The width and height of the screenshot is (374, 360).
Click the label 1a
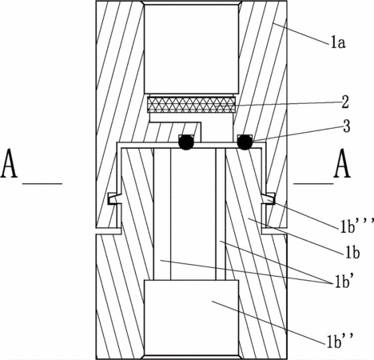point(338,43)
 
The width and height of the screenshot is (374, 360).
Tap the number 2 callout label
point(345,102)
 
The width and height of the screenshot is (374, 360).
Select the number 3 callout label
point(347,126)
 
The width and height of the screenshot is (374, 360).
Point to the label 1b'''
point(357,226)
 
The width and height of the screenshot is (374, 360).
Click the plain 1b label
point(352,252)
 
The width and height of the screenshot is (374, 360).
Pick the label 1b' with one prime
point(343,282)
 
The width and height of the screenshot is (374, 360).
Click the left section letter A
point(10,163)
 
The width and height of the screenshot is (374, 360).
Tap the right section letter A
point(342,163)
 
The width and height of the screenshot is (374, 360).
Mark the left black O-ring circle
point(186,142)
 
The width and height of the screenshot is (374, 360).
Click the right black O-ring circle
point(245,142)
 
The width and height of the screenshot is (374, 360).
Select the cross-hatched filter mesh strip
point(192,105)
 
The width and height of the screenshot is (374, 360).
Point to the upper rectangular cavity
point(191,49)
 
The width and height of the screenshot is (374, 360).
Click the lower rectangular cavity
point(191,318)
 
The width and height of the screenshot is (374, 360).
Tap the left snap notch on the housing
point(114,198)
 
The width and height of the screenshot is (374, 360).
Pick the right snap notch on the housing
point(269,198)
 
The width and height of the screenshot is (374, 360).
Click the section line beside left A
point(42,183)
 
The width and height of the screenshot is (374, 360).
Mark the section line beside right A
point(313,183)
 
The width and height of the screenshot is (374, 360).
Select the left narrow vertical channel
point(162,214)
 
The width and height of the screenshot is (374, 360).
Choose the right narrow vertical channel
point(221,214)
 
